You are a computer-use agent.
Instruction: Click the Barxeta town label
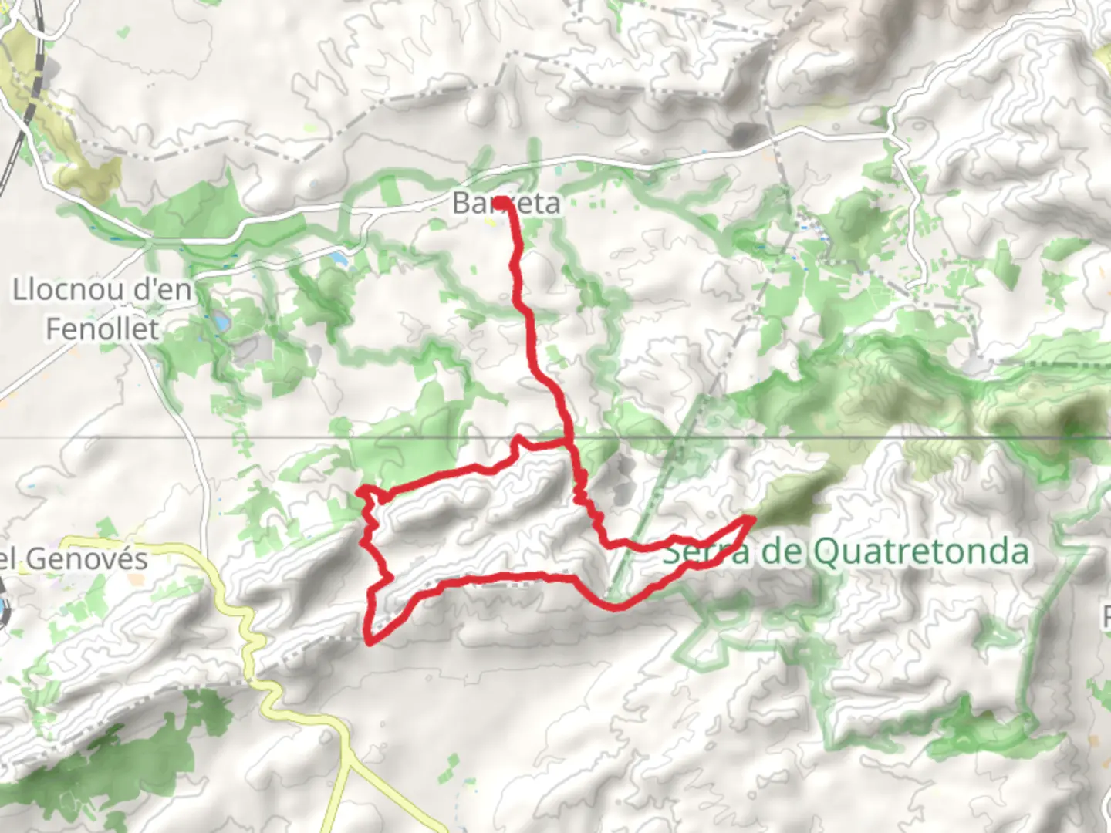tap(505, 203)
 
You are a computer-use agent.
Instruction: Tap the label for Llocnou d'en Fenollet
tap(102, 309)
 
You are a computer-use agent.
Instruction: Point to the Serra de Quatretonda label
tap(846, 551)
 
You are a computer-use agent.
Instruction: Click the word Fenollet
tap(102, 329)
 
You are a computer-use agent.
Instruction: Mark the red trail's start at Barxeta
tap(501, 202)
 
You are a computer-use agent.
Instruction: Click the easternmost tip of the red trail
tap(752, 519)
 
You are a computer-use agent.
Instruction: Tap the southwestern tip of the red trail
tap(371, 642)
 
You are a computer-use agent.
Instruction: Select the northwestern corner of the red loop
tap(360, 492)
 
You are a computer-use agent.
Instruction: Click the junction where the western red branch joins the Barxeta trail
tap(567, 442)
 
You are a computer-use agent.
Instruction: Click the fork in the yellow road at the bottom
tap(349, 760)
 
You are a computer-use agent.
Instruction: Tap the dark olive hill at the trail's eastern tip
tap(795, 497)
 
